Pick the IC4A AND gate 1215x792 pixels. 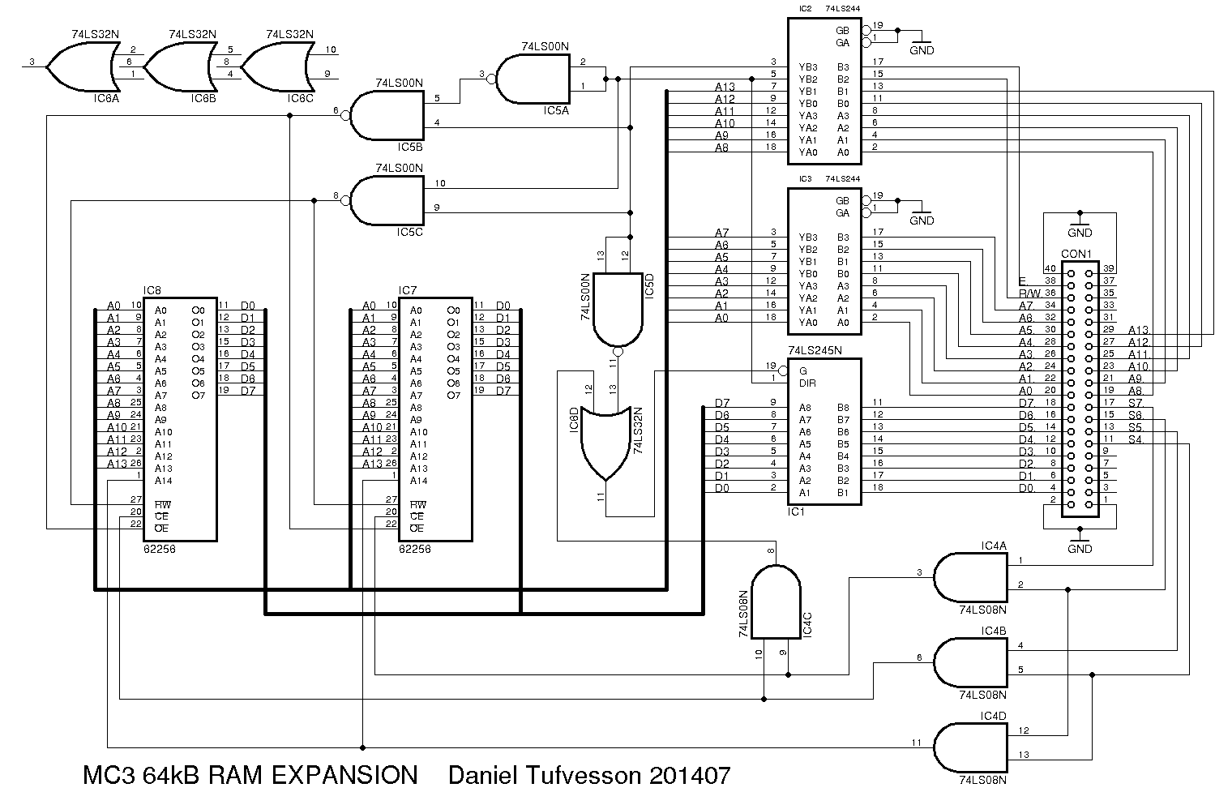pyautogui.click(x=969, y=577)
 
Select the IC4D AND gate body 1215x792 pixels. pyautogui.click(x=969, y=747)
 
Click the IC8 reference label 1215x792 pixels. pyautogui.click(x=152, y=290)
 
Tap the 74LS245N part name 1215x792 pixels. pyautogui.click(x=815, y=351)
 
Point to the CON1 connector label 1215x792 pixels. pyautogui.click(x=1076, y=254)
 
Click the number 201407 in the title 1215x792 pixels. pyautogui.click(x=690, y=775)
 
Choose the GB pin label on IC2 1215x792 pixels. pyautogui.click(x=843, y=30)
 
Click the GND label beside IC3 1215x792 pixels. pyautogui.click(x=922, y=220)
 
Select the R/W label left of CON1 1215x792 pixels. pyautogui.click(x=1029, y=293)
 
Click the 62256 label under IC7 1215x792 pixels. pyautogui.click(x=414, y=549)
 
